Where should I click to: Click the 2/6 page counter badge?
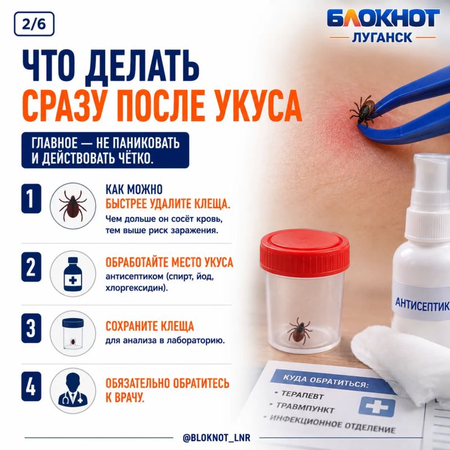point(34,24)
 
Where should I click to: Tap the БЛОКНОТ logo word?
point(383,19)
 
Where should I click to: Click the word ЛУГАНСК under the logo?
point(382,38)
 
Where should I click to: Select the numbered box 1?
point(31,199)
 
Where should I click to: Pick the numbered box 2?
point(31,267)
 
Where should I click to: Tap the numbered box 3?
point(31,328)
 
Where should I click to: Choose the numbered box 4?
point(31,386)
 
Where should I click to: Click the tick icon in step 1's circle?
point(73,205)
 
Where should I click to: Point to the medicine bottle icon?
point(73,274)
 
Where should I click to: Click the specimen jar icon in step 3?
point(73,334)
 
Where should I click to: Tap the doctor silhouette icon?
point(73,390)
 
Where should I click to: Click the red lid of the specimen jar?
point(304,253)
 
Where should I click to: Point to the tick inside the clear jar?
point(299,331)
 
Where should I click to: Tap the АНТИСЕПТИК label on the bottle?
point(422,304)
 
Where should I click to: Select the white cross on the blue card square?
point(377,406)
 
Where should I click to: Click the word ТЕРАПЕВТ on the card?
point(303,395)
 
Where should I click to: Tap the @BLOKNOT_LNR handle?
point(217,438)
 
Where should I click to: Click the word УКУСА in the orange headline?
point(258,106)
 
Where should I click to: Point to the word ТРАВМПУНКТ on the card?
point(305,407)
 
